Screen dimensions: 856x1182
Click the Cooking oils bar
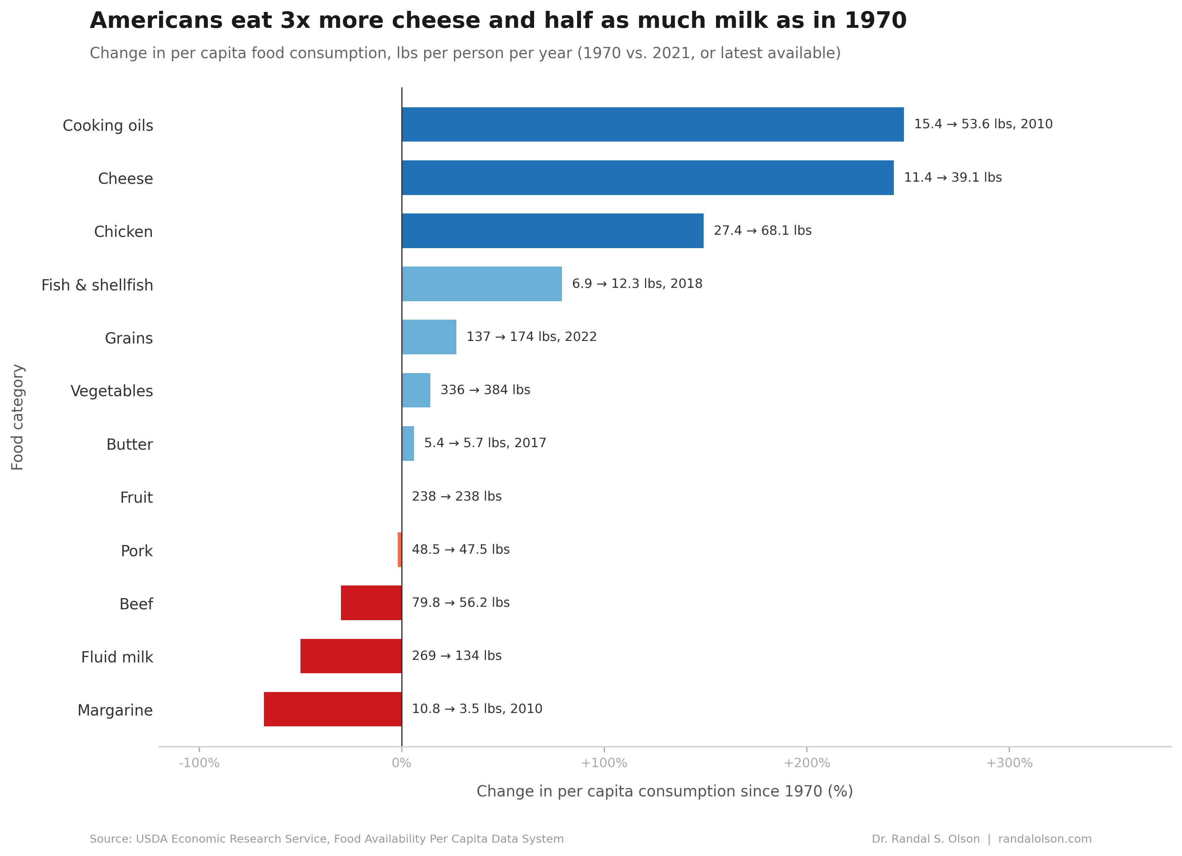653,125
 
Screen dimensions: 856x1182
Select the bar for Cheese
647,178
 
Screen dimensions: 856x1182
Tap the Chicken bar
552,231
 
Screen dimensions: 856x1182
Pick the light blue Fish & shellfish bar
482,284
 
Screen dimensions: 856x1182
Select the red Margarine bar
333,709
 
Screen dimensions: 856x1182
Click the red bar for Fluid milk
351,656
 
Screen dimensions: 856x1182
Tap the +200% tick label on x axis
807,763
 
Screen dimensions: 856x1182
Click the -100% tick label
199,763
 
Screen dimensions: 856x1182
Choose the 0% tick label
401,763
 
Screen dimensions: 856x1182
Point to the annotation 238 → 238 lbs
457,496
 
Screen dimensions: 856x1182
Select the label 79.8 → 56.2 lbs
461,602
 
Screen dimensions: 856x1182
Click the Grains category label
129,338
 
